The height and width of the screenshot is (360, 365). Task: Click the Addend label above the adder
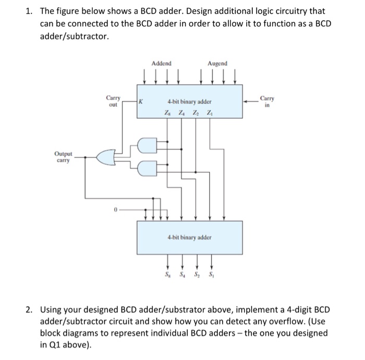(161, 64)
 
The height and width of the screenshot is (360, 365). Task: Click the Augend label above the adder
(217, 64)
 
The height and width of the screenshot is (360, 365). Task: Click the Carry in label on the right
(267, 100)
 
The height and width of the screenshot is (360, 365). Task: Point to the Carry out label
(113, 100)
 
